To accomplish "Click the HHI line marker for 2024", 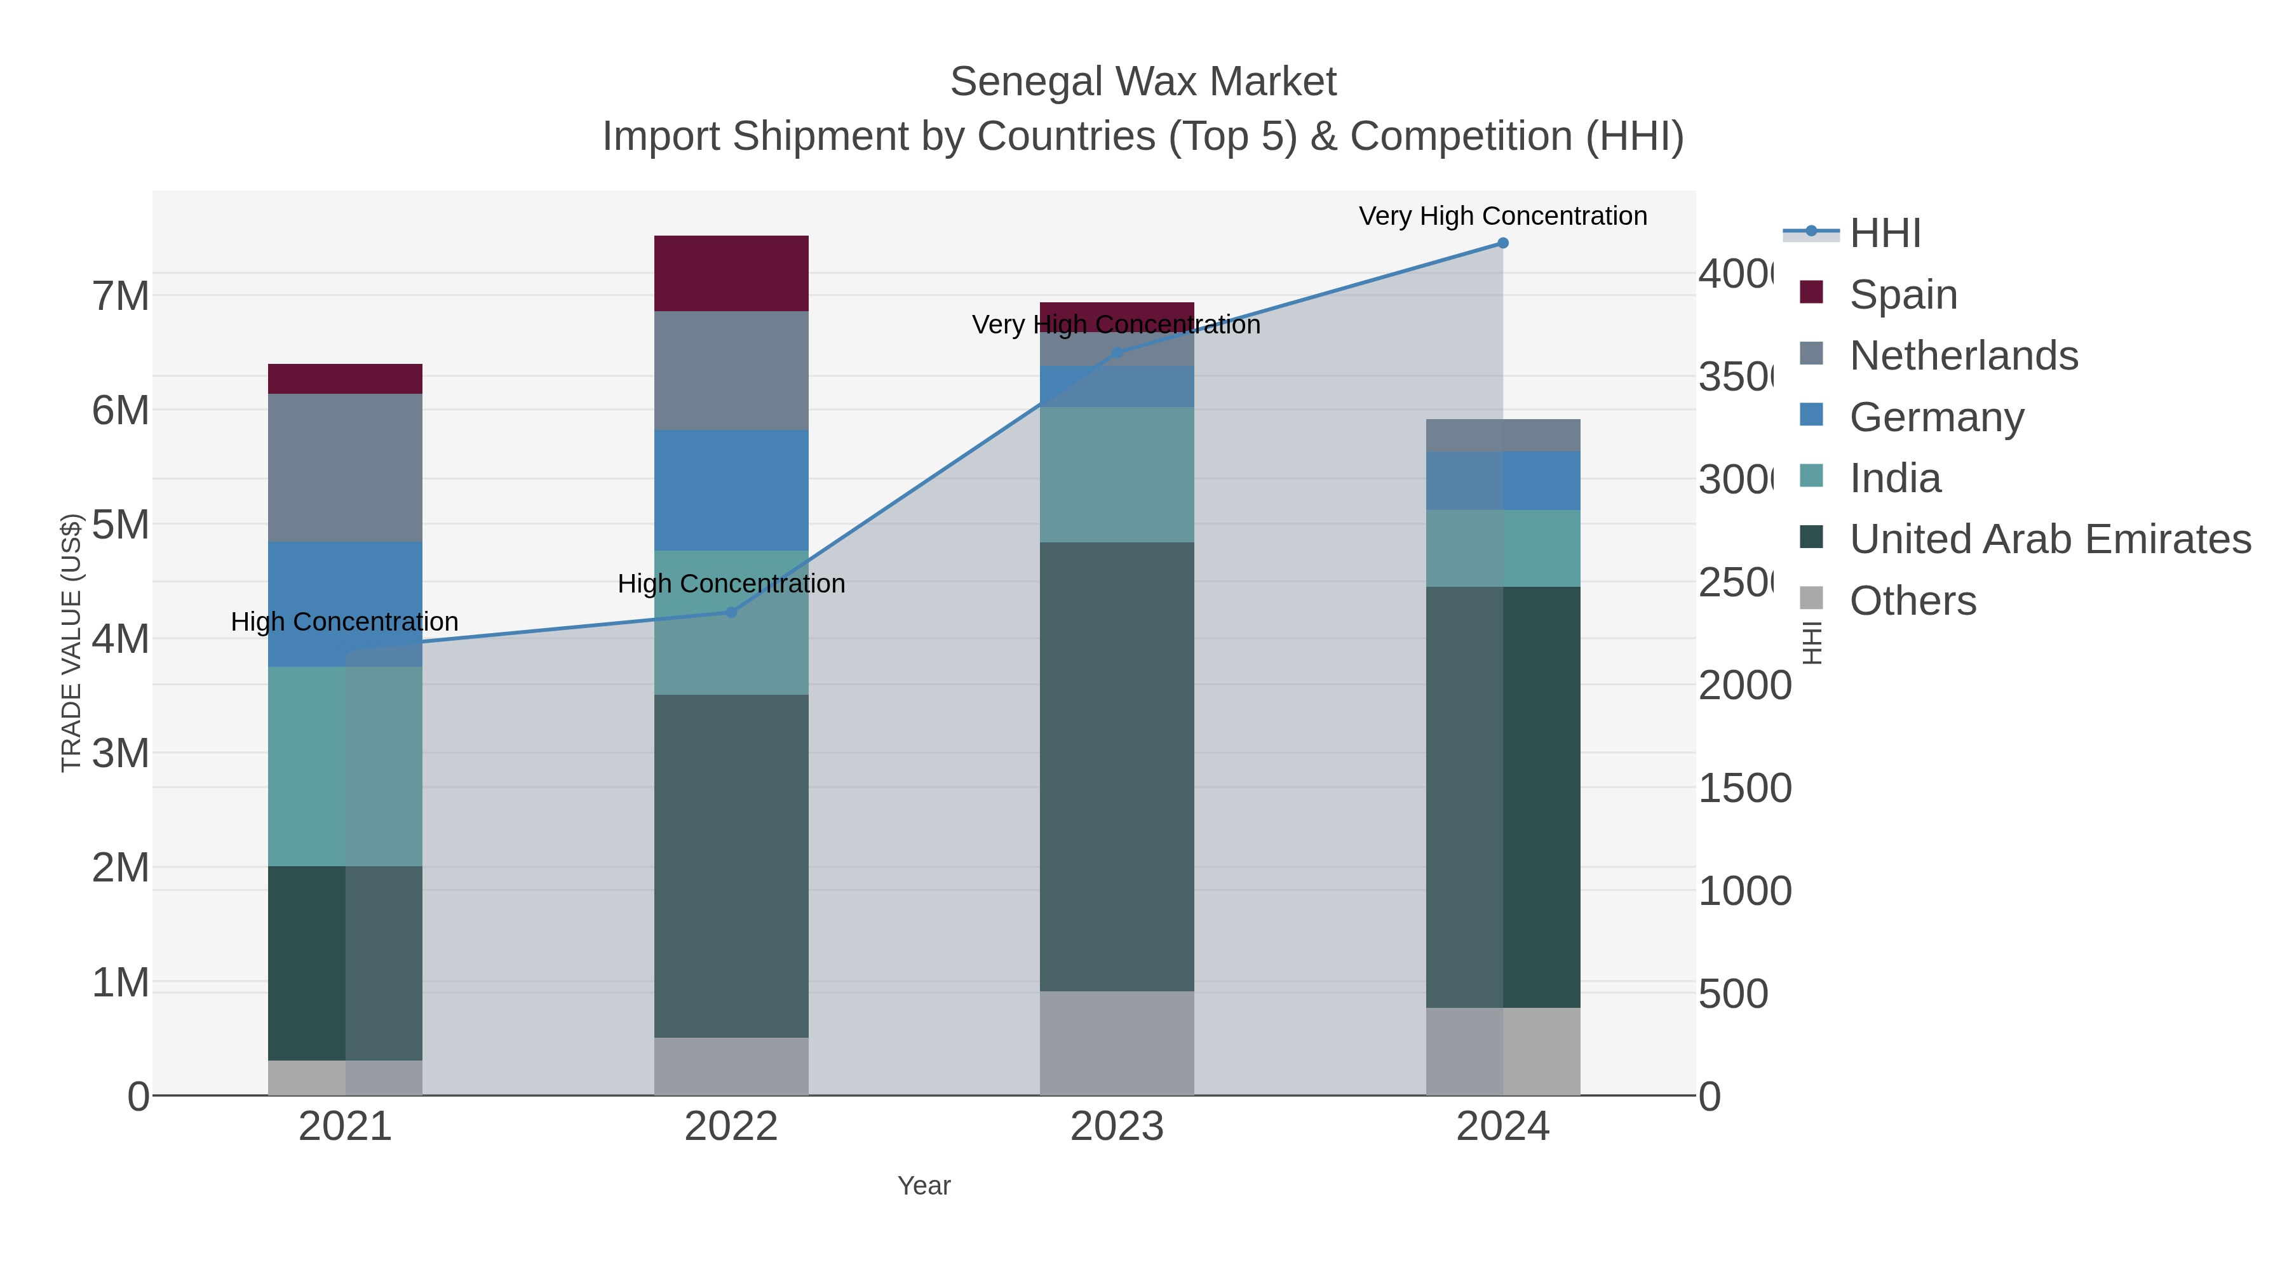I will [x=1502, y=243].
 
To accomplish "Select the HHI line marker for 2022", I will [x=731, y=612].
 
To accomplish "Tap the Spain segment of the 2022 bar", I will [x=731, y=272].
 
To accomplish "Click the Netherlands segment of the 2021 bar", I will [x=344, y=467].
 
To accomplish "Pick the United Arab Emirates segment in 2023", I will [x=1116, y=766].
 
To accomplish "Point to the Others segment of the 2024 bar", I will [x=1502, y=1051].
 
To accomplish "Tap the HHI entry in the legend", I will [x=1884, y=234].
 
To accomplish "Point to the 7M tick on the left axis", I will [x=121, y=297].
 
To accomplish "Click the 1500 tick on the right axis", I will [x=1744, y=788].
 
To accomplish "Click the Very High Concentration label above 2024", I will [x=1502, y=216].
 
